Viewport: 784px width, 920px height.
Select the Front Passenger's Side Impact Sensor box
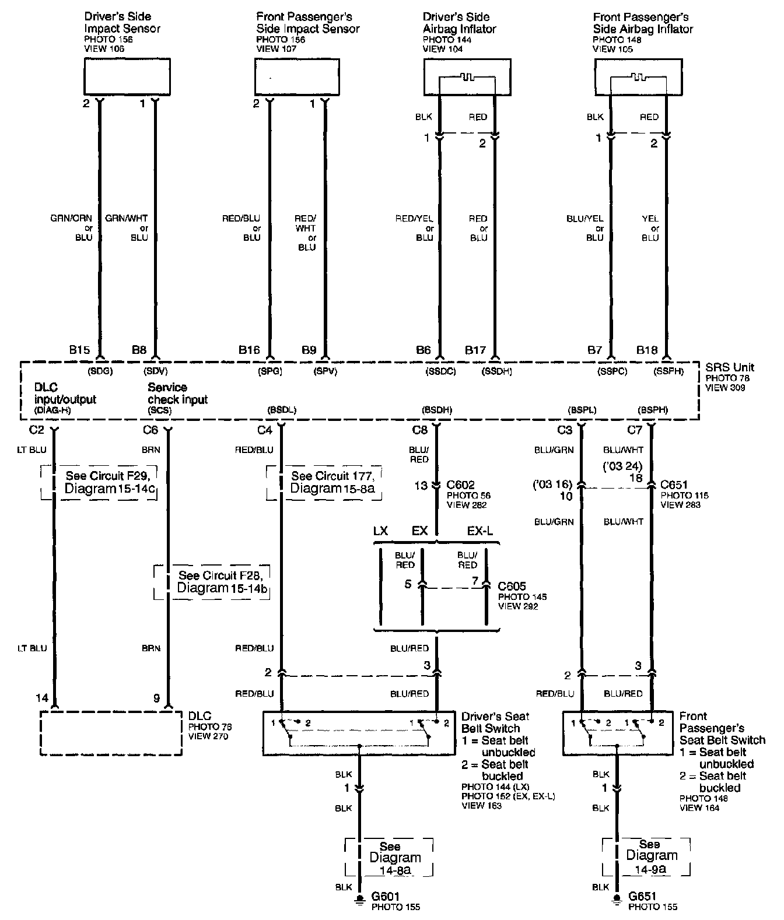coord(297,77)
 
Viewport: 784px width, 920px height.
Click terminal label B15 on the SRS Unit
coord(79,350)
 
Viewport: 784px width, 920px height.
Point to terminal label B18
coord(647,350)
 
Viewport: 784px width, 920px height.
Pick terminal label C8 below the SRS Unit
coord(420,431)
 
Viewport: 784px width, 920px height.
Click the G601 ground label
coord(384,896)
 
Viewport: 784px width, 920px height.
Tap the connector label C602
coord(460,485)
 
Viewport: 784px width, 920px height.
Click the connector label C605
coord(512,585)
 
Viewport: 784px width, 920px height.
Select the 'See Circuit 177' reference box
coord(324,483)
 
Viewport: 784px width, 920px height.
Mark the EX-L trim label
coord(480,531)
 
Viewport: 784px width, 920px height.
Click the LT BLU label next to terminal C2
coord(32,450)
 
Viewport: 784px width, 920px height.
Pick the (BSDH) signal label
coord(437,410)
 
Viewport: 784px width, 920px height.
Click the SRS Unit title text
coord(730,367)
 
